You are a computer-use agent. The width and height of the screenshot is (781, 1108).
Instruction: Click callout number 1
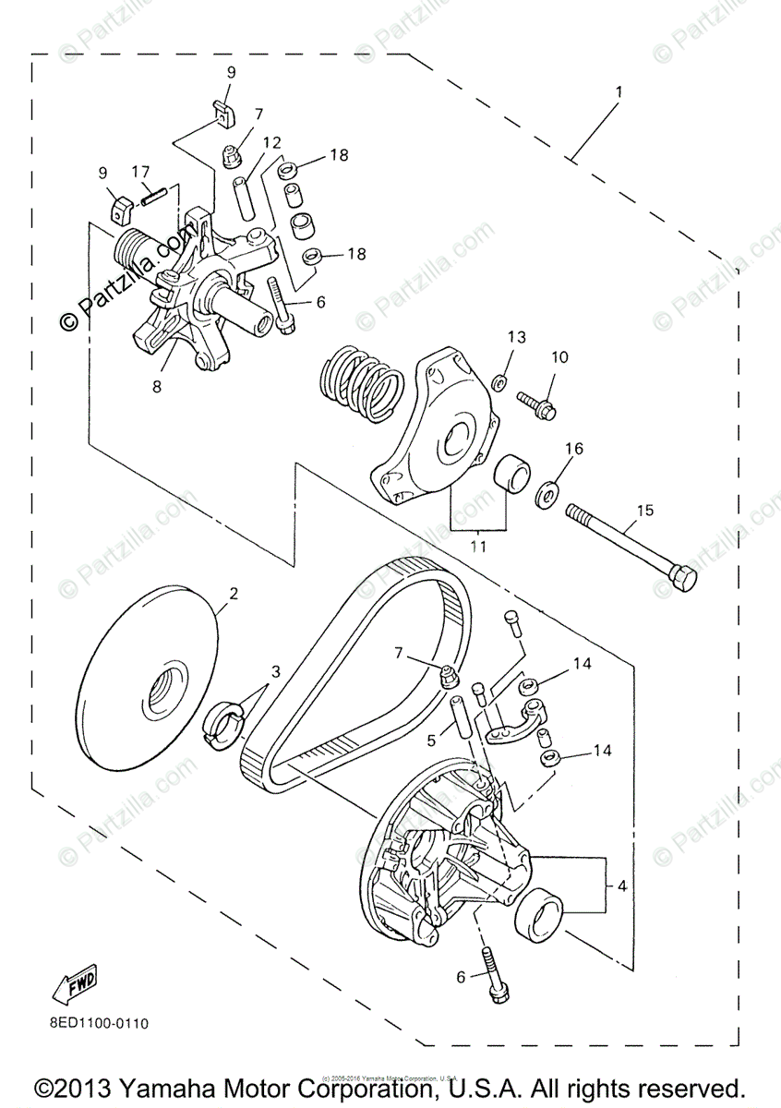(619, 92)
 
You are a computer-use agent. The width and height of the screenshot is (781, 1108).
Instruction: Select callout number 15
(643, 512)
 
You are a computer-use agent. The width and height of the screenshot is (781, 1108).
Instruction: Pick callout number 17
(140, 171)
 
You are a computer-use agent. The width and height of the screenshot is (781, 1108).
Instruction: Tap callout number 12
(270, 142)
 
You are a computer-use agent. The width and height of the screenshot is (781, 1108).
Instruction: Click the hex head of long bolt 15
(682, 580)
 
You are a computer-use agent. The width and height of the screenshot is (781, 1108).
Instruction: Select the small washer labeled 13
(499, 380)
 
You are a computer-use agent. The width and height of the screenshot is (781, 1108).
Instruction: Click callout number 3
(276, 671)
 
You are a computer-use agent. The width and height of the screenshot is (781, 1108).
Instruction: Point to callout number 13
(515, 337)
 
